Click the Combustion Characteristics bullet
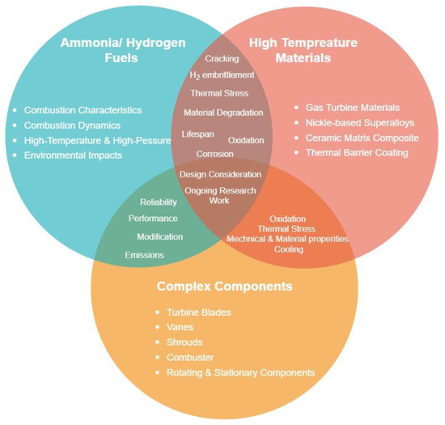point(83,109)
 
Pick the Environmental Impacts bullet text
point(73,155)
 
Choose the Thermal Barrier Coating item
point(356,152)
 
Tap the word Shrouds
point(185,342)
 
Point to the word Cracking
point(221,58)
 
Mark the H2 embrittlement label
point(222,75)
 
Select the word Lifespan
point(198,132)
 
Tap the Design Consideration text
point(220,174)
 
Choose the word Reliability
point(158,202)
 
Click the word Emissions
point(144,255)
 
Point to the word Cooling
point(288,249)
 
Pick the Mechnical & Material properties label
point(287,239)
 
